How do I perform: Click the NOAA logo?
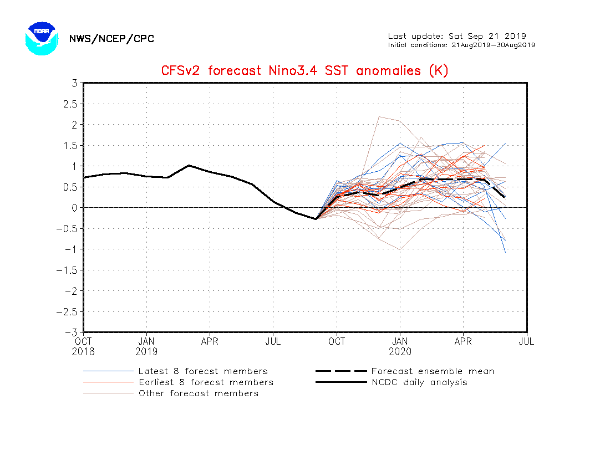pos(41,38)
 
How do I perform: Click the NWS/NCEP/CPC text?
pos(111,39)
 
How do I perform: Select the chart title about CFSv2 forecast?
pos(304,70)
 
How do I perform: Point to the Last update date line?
pos(457,36)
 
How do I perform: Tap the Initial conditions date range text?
pos(461,45)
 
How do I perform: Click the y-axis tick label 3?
pos(73,83)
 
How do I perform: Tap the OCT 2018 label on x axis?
pos(83,346)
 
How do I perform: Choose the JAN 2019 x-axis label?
pos(146,346)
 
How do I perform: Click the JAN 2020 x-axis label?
pos(400,346)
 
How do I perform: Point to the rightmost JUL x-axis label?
pos(526,342)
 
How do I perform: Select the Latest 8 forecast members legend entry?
pos(203,371)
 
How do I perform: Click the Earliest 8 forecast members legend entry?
pos(206,382)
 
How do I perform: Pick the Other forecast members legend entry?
pos(199,393)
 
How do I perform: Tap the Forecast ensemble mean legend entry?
pos(433,371)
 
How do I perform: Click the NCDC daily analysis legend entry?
pos(419,382)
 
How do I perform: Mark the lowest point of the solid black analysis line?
pos(316,219)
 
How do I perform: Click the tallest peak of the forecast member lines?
pos(379,116)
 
